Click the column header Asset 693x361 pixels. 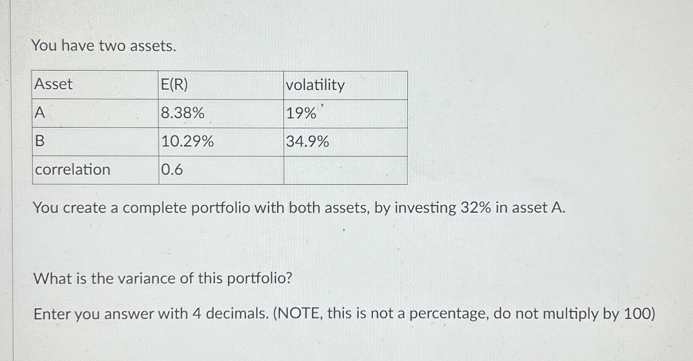(53, 84)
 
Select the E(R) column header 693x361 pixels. (174, 85)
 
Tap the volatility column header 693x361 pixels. (315, 85)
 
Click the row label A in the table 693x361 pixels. (40, 112)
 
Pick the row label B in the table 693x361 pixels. (40, 141)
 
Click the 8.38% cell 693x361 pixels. (182, 113)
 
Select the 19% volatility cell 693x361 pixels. (301, 113)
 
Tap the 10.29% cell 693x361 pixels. (187, 141)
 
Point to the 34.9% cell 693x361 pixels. (308, 142)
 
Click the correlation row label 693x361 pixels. (73, 170)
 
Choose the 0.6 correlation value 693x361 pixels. (172, 170)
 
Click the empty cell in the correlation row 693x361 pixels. (345, 170)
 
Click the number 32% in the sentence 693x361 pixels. (476, 208)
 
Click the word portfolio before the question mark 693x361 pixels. (256, 278)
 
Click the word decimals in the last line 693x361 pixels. (236, 314)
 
